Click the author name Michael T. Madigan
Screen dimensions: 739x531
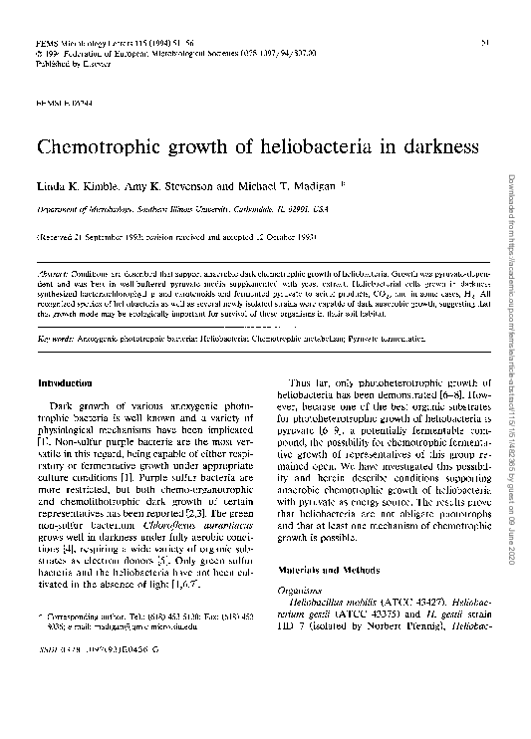click(x=287, y=187)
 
